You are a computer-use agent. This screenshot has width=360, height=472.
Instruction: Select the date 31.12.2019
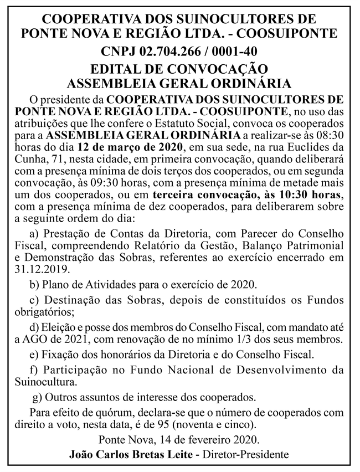[46, 269]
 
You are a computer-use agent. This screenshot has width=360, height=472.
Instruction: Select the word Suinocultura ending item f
[45, 382]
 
